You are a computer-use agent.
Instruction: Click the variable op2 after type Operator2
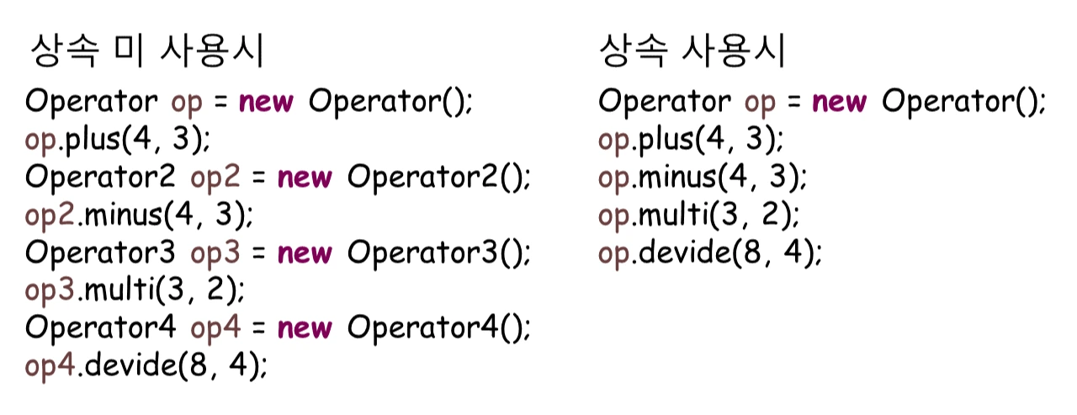[215, 179]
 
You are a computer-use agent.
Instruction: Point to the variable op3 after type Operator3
[215, 253]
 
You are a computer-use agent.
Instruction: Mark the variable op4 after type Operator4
[215, 327]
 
